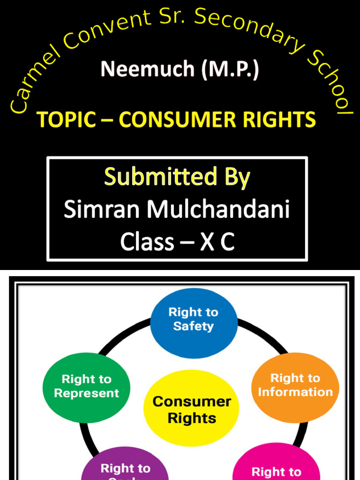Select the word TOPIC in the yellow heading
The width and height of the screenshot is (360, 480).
[66, 120]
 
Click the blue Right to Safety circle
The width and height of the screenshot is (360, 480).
[194, 319]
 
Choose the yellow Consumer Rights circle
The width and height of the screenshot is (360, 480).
[192, 409]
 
